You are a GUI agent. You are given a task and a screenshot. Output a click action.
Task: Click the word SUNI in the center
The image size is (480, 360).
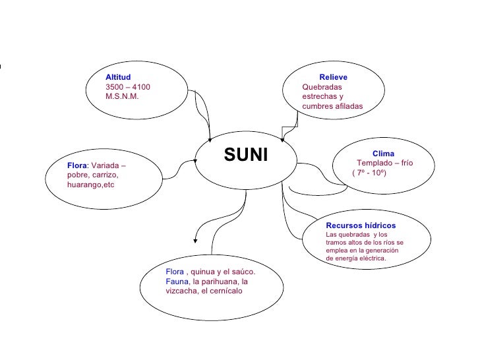tap(246, 156)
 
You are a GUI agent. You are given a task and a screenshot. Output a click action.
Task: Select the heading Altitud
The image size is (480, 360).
tap(118, 78)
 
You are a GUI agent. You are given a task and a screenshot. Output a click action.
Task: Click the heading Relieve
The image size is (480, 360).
tap(333, 78)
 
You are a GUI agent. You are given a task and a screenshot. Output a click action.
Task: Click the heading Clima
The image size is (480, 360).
tap(383, 154)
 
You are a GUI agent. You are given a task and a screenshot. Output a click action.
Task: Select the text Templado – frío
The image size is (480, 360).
tap(385, 163)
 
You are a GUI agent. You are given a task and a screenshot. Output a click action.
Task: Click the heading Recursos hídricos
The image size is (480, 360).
tap(361, 225)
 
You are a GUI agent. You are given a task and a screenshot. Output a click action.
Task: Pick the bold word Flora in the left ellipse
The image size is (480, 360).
tap(76, 165)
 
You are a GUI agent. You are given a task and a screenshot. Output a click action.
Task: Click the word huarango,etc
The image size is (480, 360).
tap(91, 185)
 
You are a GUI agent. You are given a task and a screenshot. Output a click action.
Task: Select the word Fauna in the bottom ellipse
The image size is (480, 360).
tap(176, 282)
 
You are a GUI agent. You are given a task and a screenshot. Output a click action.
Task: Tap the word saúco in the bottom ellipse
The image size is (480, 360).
tap(241, 272)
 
